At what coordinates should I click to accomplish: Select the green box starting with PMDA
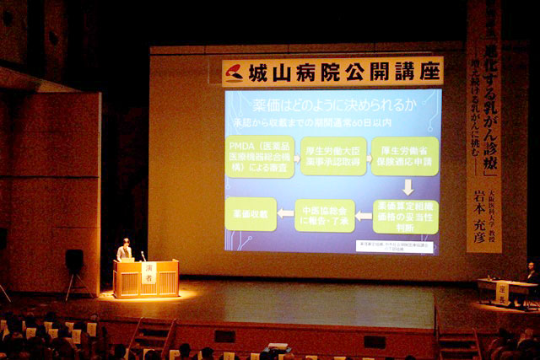click(259, 157)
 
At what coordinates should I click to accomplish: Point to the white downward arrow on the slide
click(407, 186)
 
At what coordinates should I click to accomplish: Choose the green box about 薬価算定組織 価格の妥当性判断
click(406, 216)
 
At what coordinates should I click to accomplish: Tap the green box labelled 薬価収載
click(251, 214)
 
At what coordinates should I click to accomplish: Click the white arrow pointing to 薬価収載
click(285, 214)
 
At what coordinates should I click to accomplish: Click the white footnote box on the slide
click(395, 246)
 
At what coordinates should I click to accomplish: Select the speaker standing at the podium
click(125, 250)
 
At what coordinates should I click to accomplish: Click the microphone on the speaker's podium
click(143, 255)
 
